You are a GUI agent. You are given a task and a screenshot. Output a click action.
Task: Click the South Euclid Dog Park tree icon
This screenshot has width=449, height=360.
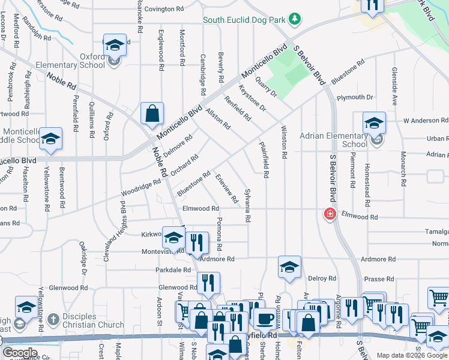(x=295, y=20)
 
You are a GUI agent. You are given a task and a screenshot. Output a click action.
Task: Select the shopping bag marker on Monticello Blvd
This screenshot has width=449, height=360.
(x=152, y=114)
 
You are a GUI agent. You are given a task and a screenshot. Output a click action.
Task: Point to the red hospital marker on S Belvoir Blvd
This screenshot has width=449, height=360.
(x=330, y=214)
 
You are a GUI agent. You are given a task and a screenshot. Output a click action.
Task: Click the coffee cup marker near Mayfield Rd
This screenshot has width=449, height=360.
(x=264, y=319)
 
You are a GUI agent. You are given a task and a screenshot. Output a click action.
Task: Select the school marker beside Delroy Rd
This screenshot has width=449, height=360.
(x=289, y=267)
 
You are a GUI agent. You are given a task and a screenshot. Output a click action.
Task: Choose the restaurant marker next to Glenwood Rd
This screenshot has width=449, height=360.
(x=208, y=283)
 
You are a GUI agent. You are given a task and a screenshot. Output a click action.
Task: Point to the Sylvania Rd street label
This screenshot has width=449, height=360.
(x=247, y=205)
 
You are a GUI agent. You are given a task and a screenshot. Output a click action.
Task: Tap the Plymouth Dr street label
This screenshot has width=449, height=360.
(x=355, y=97)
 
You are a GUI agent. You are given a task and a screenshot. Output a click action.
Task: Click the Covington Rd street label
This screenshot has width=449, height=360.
(x=164, y=9)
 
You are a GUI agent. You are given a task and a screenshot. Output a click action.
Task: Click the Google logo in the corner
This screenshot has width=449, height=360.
(x=19, y=353)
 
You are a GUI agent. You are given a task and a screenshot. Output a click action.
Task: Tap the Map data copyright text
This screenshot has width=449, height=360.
(x=412, y=355)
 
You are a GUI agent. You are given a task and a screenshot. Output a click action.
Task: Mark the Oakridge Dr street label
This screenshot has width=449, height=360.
(x=84, y=259)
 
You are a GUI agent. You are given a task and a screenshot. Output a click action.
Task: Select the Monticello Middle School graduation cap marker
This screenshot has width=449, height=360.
(x=51, y=140)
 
